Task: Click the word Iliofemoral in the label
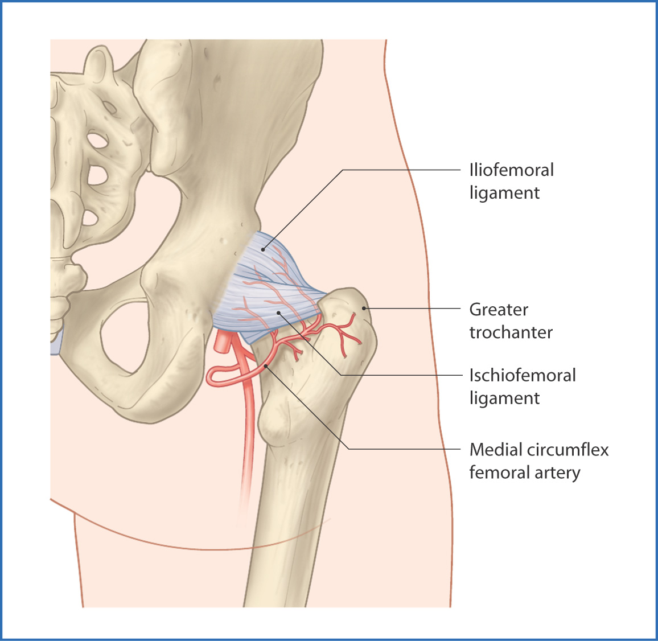pyautogui.click(x=512, y=170)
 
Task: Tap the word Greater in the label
pyautogui.click(x=499, y=310)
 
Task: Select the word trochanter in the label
pyautogui.click(x=511, y=332)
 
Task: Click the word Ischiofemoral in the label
pyautogui.click(x=523, y=375)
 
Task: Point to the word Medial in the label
pyautogui.click(x=496, y=450)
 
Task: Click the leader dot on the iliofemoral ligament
pyautogui.click(x=263, y=250)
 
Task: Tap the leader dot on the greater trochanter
pyautogui.click(x=364, y=309)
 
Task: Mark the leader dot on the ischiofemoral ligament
pyautogui.click(x=278, y=313)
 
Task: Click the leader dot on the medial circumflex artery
pyautogui.click(x=266, y=366)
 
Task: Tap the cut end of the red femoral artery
pyautogui.click(x=222, y=343)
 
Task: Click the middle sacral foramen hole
pyautogui.click(x=97, y=175)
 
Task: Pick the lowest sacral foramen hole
pyautogui.click(x=90, y=217)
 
